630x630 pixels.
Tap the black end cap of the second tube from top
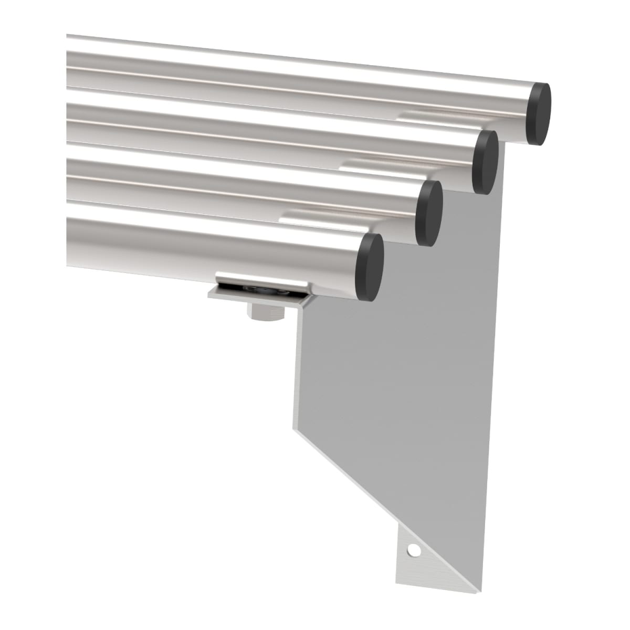click(x=485, y=162)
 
